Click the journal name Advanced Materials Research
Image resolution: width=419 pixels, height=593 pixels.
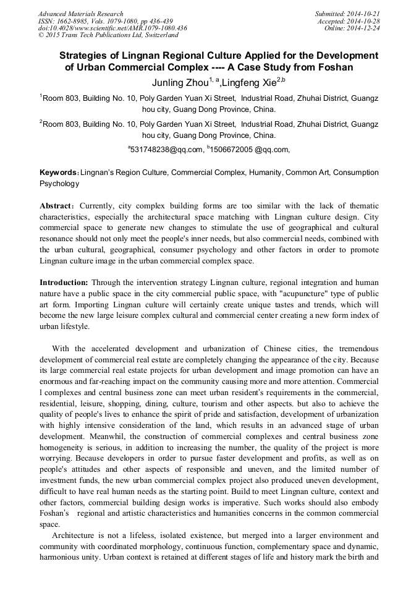tap(80, 14)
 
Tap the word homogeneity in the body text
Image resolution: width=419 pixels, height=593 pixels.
tap(66, 446)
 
